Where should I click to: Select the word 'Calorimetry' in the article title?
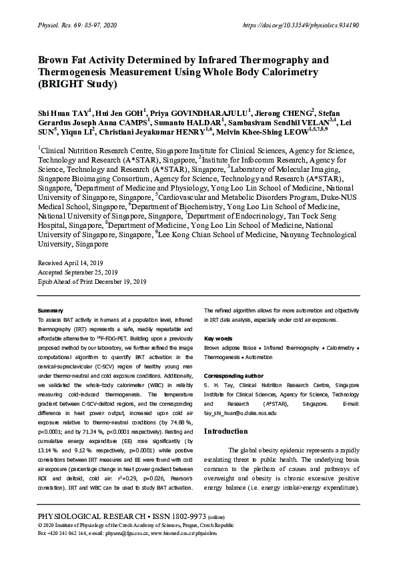pos(290,72)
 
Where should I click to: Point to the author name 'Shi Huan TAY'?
pos(63,112)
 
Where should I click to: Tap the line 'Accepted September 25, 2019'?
pos(79,273)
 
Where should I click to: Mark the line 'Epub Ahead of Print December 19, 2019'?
pos(92,282)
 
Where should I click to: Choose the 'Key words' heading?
pos(218,338)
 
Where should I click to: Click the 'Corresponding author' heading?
pos(234,376)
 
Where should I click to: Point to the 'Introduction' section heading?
pos(226,431)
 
